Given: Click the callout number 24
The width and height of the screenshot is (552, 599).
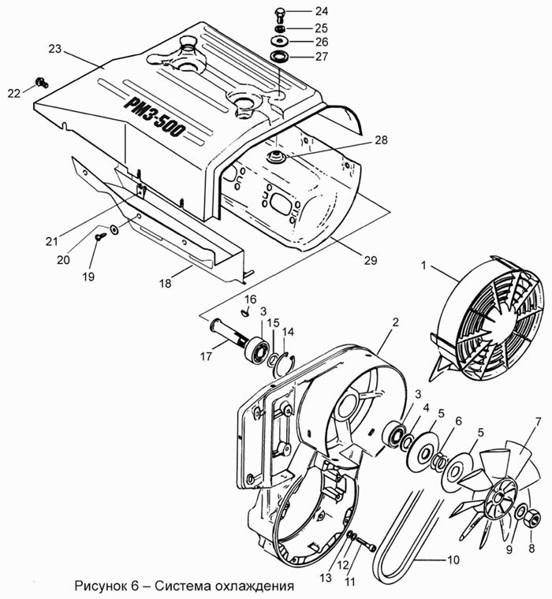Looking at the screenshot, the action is [x=322, y=11].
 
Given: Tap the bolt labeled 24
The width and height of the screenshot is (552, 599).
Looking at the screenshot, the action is [x=280, y=16].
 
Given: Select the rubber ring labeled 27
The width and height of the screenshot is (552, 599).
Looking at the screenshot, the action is [x=280, y=56].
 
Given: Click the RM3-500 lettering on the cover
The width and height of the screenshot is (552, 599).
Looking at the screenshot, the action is [x=155, y=117].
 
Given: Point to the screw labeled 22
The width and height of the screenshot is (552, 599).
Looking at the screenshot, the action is [x=42, y=82].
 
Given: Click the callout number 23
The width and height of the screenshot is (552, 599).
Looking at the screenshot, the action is [x=55, y=50].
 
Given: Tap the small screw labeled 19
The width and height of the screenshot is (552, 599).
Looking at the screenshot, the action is [x=101, y=236].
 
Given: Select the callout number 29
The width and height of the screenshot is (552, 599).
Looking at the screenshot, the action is [x=371, y=260].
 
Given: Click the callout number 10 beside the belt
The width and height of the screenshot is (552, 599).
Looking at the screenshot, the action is [x=453, y=560].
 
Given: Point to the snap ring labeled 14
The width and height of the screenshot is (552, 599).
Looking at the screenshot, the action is [x=286, y=362].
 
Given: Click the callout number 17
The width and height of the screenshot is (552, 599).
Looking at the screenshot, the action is [x=206, y=357].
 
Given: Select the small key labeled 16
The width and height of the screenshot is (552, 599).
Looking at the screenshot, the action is [x=245, y=313].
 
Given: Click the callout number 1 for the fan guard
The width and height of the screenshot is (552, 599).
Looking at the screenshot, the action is [x=423, y=266].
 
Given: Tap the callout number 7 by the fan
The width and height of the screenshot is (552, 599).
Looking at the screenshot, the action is [x=539, y=422].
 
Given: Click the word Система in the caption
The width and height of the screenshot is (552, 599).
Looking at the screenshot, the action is [x=184, y=586].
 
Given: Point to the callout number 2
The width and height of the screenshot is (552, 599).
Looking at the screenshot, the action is [x=395, y=322].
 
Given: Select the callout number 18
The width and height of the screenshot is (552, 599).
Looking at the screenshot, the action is [x=166, y=284].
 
